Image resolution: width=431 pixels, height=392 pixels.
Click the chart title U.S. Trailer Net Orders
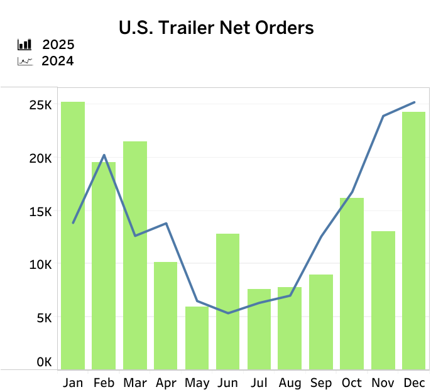pyautogui.click(x=215, y=28)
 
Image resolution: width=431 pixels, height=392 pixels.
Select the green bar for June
pyautogui.click(x=227, y=302)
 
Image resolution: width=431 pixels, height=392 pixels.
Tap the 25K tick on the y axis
pyautogui.click(x=40, y=104)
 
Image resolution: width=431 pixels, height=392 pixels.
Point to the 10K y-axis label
pyautogui.click(x=40, y=264)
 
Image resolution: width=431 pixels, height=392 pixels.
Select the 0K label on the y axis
pyautogui.click(x=43, y=362)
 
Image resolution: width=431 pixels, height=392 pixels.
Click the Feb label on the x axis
pyautogui.click(x=104, y=383)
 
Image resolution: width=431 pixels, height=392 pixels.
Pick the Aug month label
pyautogui.click(x=290, y=383)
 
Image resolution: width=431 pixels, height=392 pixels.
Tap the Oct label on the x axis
pyautogui.click(x=352, y=383)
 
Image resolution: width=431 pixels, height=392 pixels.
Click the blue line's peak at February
pyautogui.click(x=104, y=155)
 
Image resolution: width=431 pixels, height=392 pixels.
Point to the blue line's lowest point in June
pyautogui.click(x=227, y=313)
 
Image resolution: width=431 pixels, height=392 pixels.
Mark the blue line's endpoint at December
pyautogui.click(x=414, y=102)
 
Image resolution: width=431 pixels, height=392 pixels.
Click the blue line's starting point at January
pyautogui.click(x=73, y=223)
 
